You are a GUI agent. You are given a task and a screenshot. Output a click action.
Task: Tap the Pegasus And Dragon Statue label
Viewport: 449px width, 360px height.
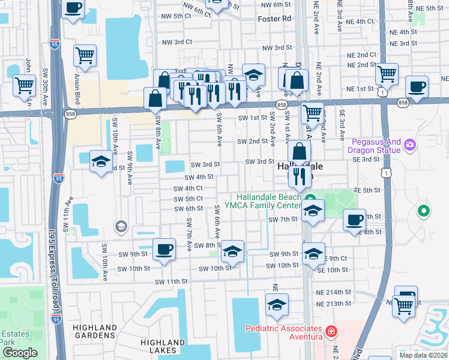[x=376, y=146]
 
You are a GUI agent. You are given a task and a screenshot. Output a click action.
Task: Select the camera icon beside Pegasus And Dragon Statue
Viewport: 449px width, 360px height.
[x=410, y=145]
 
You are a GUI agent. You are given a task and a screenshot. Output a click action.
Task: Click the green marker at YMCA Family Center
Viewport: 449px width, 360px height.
[x=310, y=199]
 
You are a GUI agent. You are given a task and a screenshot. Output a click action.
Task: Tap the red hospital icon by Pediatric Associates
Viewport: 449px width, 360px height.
[x=330, y=331]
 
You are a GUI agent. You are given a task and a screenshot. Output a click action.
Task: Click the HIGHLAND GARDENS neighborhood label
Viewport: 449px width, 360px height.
[x=95, y=332]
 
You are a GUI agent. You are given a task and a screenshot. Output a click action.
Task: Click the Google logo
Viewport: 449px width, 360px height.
[x=20, y=353]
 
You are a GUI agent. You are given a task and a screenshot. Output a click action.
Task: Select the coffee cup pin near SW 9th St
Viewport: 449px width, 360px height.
[x=163, y=249]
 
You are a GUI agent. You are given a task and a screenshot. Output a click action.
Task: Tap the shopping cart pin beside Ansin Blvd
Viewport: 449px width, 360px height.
[x=85, y=56]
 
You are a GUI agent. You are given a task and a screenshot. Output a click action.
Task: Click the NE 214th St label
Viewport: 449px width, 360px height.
[x=333, y=292]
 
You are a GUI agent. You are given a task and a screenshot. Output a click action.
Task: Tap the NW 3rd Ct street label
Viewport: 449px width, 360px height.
[x=176, y=42]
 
